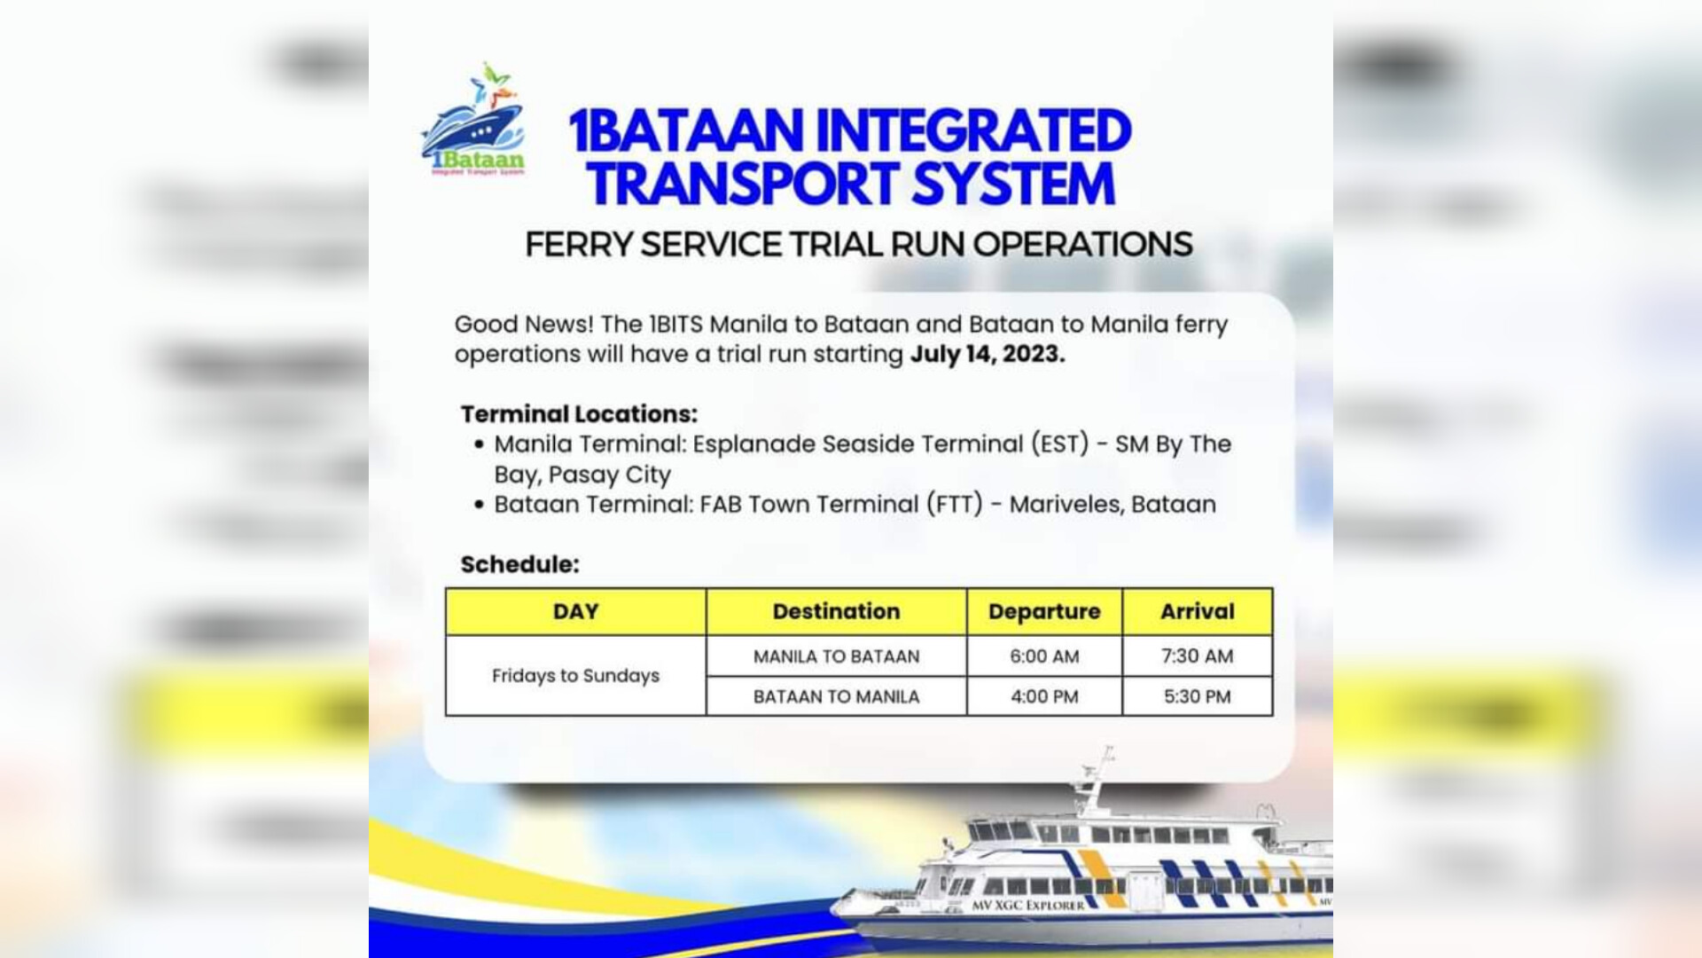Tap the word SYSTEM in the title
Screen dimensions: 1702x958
1013,184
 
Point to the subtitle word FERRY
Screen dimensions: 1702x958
578,244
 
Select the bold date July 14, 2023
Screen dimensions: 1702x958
988,354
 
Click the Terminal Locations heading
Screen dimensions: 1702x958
579,414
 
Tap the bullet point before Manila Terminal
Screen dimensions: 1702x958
480,444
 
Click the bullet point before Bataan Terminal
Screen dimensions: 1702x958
480,505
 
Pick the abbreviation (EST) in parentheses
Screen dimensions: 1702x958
1059,444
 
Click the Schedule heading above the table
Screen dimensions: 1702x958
519,564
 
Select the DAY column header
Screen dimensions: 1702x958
576,611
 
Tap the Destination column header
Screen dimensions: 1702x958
836,611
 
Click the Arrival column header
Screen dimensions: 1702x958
1198,611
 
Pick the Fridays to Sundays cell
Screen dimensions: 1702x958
576,676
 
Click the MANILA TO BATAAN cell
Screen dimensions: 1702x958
837,656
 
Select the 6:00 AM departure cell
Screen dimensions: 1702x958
1044,656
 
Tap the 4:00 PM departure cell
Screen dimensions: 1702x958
1044,696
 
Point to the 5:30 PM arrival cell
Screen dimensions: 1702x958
1198,696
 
